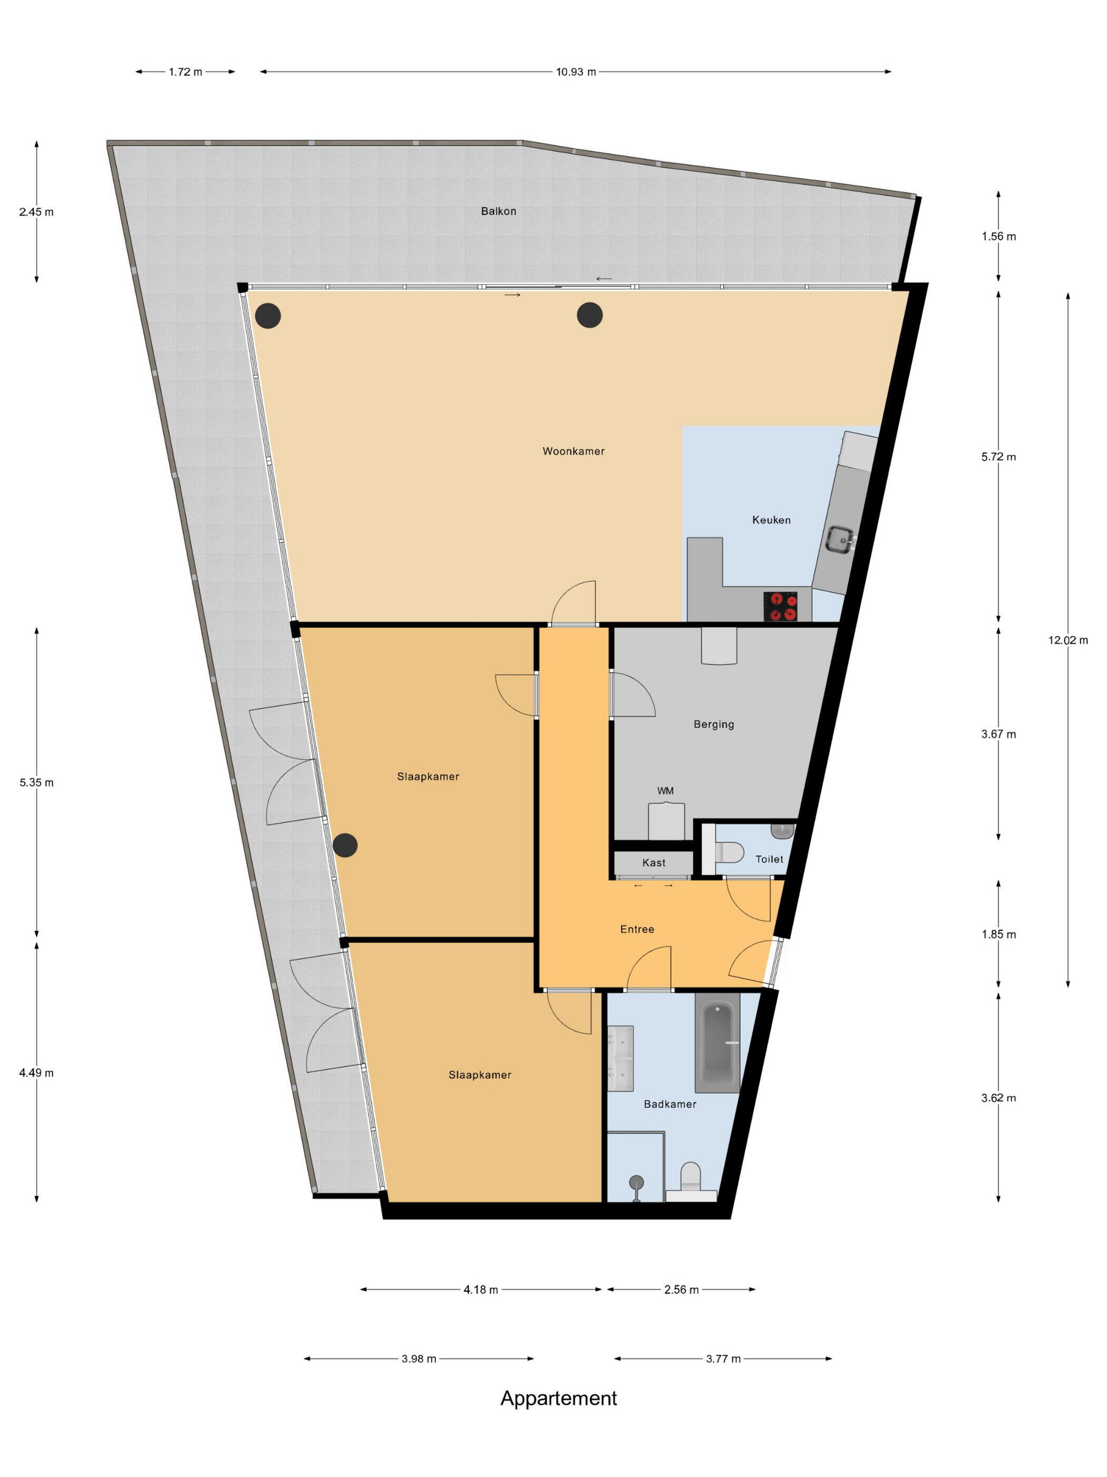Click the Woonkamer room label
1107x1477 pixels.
573,452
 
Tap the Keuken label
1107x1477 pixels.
771,520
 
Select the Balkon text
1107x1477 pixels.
499,211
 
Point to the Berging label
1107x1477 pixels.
713,724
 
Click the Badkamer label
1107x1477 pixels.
670,1105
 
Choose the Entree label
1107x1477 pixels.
637,929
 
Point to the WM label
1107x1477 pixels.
665,791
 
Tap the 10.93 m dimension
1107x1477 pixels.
576,72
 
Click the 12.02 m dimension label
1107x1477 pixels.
1067,640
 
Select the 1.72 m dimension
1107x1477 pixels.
185,72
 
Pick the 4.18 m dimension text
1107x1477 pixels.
480,1289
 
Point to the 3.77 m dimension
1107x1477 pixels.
723,1358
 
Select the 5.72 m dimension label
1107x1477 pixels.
998,457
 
